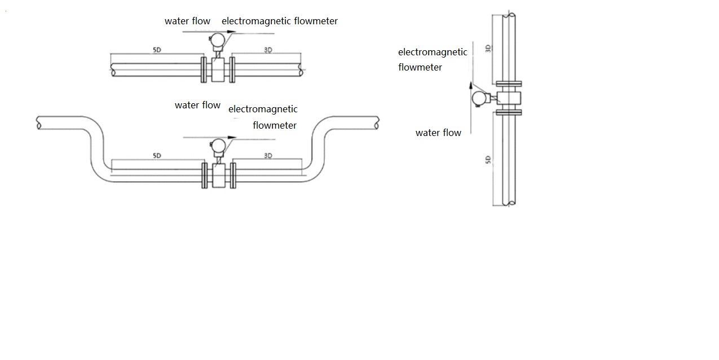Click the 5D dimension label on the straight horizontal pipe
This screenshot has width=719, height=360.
point(157,50)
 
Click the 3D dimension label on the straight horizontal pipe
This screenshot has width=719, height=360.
point(268,50)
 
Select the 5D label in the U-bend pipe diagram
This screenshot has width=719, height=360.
point(157,155)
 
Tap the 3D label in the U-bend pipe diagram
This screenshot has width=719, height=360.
point(268,155)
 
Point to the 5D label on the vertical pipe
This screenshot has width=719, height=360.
point(488,160)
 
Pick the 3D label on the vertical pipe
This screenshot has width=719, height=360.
point(488,49)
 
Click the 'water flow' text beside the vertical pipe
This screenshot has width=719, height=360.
point(438,133)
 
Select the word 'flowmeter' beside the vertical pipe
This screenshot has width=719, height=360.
point(420,67)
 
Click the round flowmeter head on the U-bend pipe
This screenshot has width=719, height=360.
point(217,145)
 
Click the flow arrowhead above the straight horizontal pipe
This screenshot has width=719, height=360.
point(231,32)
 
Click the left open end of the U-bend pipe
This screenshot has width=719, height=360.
point(39,122)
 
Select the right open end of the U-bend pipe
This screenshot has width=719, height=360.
point(376,122)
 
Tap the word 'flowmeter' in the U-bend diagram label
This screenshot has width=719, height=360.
point(275,125)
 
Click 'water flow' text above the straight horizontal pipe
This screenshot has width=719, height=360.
point(187,21)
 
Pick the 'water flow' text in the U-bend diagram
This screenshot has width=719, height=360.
point(197,106)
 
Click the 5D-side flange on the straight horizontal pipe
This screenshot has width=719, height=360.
point(204,69)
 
